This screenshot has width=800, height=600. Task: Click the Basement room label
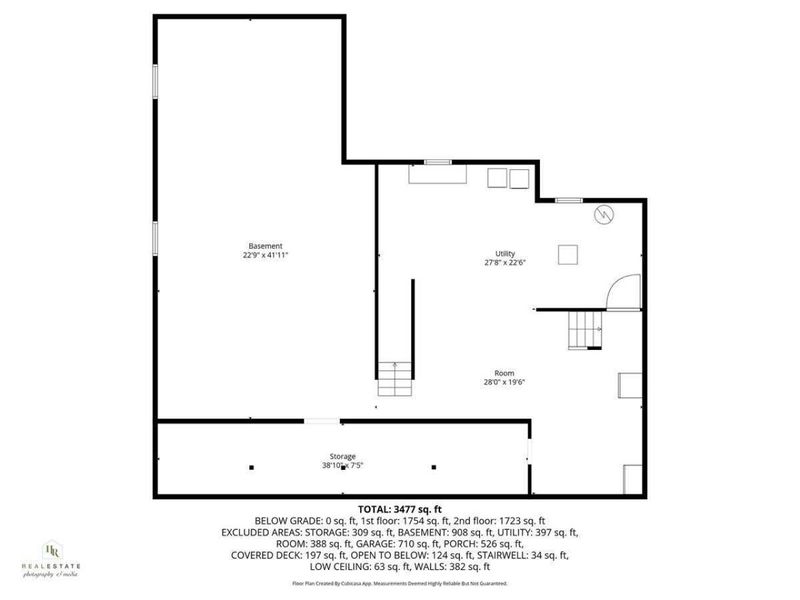click(265, 246)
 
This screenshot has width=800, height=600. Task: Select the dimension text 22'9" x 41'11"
click(265, 255)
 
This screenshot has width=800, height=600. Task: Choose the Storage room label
click(343, 456)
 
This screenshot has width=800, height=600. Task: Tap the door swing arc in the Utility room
click(623, 292)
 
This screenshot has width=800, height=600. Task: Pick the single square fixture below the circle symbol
click(567, 254)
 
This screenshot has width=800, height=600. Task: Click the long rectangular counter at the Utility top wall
click(437, 174)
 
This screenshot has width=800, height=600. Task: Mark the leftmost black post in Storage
click(252, 467)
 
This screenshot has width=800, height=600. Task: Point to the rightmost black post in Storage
click(433, 467)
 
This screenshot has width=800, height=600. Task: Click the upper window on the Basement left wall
click(154, 81)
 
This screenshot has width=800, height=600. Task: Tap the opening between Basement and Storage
click(321, 421)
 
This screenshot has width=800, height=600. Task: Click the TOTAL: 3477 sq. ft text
click(400, 509)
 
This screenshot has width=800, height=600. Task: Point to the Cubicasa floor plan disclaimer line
click(400, 583)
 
